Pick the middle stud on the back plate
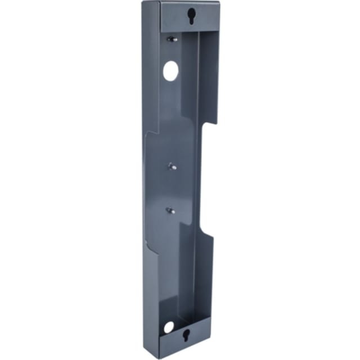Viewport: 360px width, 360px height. [x=170, y=166]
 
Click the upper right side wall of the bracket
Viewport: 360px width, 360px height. [x=208, y=73]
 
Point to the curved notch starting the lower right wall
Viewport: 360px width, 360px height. [x=209, y=231]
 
